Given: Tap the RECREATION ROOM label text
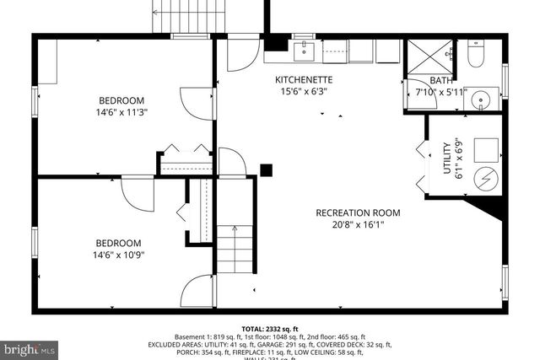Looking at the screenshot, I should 358,212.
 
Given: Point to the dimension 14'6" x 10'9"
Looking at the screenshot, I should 120,254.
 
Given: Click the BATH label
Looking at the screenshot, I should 441,80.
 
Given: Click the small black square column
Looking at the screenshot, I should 267,169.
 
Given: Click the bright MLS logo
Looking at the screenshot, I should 29,347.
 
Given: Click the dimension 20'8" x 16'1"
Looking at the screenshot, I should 358,225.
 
